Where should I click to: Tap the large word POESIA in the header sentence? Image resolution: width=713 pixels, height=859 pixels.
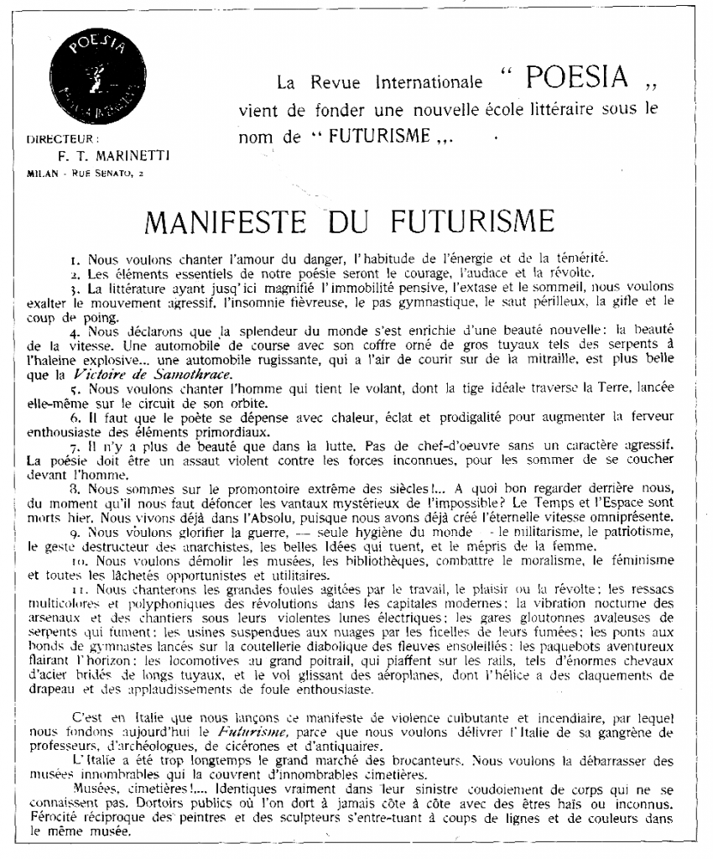click(x=576, y=79)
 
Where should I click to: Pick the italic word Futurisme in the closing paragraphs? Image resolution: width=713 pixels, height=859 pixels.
click(x=244, y=732)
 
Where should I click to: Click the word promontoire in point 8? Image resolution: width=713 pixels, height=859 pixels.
click(x=238, y=491)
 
